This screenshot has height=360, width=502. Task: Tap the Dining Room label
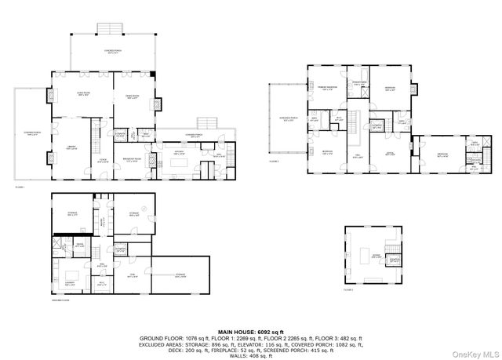[132, 97]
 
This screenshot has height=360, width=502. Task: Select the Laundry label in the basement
[70, 274]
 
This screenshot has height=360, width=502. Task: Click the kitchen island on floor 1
[182, 163]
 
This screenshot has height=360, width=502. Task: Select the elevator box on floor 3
[395, 260]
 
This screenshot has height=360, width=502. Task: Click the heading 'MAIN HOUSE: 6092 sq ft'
[251, 332]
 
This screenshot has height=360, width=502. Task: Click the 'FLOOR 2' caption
[275, 162]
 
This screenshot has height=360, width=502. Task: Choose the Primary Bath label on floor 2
[357, 82]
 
